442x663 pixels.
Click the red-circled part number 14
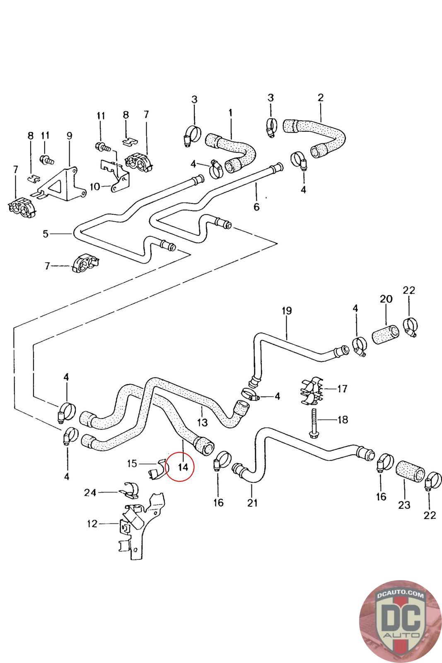[x=183, y=467]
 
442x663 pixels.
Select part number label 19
[x=287, y=310]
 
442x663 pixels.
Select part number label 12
[x=92, y=524]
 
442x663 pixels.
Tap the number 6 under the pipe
[x=256, y=206]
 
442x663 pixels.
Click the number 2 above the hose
[x=320, y=98]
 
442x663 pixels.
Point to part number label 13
[x=202, y=423]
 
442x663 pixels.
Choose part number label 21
[x=252, y=503]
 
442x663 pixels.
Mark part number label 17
[x=342, y=389]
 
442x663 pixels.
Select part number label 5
[x=46, y=234]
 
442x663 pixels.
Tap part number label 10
[x=95, y=186]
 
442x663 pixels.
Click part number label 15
[x=132, y=463]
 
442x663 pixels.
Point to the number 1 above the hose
[x=230, y=112]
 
